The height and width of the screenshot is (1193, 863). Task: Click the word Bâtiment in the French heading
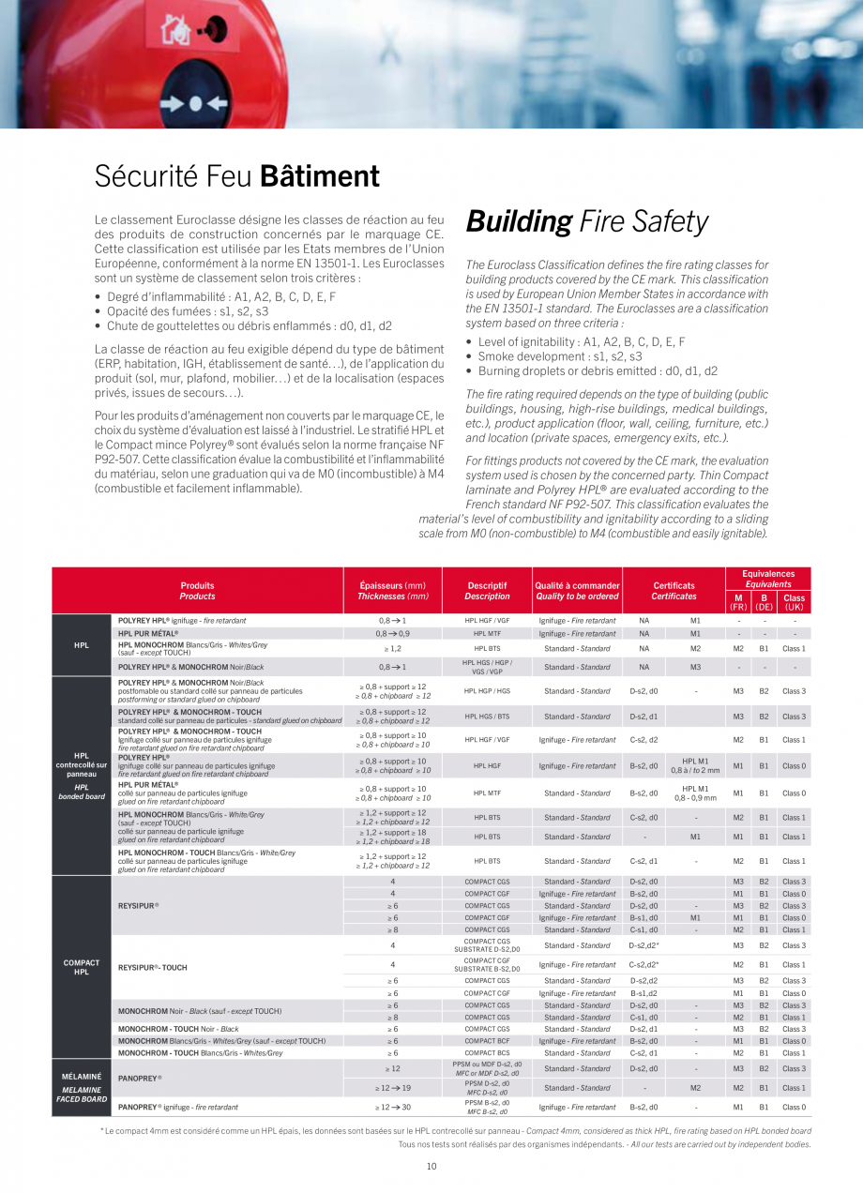point(319,176)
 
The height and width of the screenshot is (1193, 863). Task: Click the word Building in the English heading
point(519,222)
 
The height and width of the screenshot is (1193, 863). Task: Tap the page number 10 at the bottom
point(431,1166)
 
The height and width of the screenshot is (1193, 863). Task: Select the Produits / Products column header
point(197,591)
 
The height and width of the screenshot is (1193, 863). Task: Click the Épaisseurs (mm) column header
point(393,591)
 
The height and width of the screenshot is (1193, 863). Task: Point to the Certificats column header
point(674,591)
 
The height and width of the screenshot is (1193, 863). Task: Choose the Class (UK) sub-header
point(794,602)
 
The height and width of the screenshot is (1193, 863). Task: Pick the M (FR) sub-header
point(738,602)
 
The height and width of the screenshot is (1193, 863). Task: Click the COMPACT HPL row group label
point(82,967)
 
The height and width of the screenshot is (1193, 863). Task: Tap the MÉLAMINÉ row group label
point(82,1076)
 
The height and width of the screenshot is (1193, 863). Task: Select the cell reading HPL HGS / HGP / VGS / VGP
point(487,667)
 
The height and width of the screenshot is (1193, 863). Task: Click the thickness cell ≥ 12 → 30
point(393,1108)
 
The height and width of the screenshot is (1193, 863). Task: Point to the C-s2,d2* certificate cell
point(643,964)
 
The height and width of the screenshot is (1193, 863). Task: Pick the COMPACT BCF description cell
point(487,1041)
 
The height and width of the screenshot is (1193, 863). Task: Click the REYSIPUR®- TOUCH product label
point(153,967)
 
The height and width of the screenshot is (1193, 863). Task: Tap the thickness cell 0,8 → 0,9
point(393,634)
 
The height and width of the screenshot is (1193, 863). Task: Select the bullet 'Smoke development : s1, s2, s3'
point(560,356)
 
